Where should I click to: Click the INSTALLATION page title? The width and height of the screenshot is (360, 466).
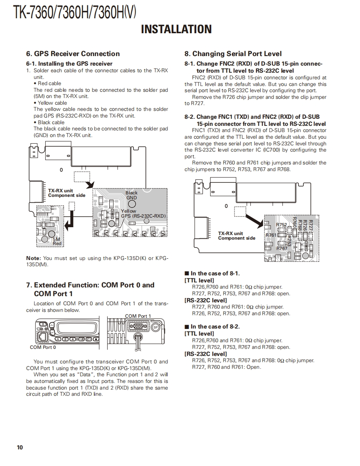176,29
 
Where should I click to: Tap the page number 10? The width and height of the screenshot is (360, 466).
20,447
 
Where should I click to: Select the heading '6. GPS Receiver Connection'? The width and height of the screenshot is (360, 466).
73,54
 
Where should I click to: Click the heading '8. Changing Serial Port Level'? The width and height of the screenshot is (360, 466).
233,54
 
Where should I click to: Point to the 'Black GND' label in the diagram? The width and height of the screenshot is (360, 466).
131,195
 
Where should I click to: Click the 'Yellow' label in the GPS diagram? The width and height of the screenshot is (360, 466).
129,211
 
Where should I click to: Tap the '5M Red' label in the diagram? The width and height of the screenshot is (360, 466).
57,241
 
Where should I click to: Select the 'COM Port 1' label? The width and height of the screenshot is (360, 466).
138,316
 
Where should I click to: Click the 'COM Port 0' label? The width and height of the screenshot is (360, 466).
43,347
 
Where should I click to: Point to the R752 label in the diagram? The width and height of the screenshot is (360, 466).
281,225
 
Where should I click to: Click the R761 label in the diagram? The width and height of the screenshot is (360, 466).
271,235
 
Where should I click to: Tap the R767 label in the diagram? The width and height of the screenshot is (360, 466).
282,248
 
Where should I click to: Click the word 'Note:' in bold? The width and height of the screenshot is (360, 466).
33,258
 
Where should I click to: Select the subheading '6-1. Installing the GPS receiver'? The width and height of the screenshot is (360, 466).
69,64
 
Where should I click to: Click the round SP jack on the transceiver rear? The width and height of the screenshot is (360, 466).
156,327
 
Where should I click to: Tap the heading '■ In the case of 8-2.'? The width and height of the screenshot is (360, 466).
212,326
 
